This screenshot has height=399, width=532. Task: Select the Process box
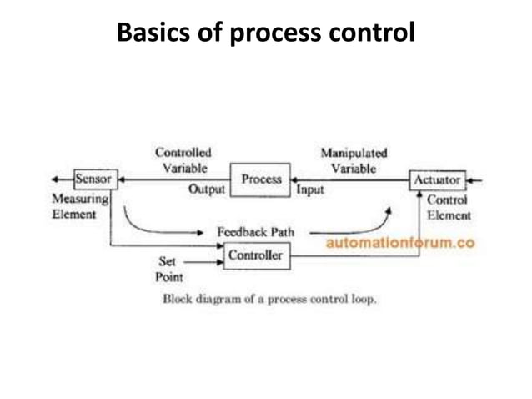(261, 179)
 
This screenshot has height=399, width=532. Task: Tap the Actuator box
(437, 179)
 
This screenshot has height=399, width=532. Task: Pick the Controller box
(255, 255)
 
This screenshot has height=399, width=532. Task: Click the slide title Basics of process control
(265, 33)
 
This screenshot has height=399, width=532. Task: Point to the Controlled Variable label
(184, 160)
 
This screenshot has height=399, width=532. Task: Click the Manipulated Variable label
(354, 160)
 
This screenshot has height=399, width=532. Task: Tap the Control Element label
(448, 208)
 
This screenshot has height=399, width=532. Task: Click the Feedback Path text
(254, 231)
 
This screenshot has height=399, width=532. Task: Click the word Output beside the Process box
(207, 190)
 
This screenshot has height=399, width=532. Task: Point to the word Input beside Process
(310, 190)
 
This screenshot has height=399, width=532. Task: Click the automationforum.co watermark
(400, 243)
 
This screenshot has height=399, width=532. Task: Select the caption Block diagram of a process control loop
(269, 298)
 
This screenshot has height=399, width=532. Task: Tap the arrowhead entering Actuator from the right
(470, 179)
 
